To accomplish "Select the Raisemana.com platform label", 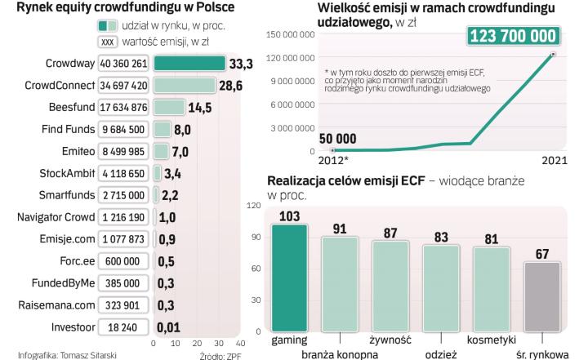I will (50, 304).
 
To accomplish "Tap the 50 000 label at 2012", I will (337, 138).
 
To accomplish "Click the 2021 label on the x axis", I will (555, 162).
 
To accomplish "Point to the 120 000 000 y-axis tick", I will (296, 58).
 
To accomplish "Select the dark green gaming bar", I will (290, 278).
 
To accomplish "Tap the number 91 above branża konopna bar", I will (340, 229).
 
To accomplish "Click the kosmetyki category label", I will (490, 338).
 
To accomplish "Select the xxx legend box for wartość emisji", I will (106, 41).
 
